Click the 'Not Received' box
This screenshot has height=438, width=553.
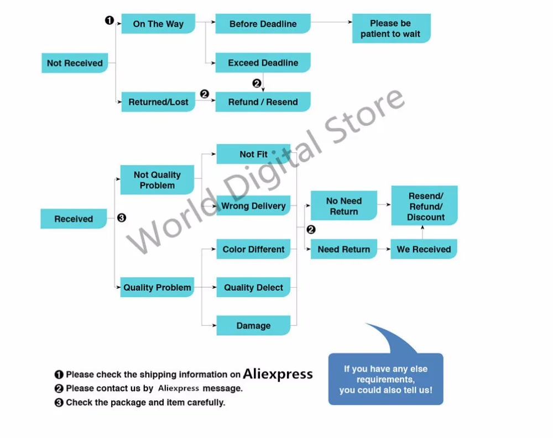coord(75,63)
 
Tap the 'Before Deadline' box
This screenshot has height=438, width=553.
coord(263,24)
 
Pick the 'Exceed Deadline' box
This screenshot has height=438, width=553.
coord(263,63)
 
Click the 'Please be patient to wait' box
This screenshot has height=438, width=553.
coord(391,29)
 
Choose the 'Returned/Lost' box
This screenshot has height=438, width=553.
coord(158,102)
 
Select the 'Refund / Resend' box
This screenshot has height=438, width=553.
coord(263,102)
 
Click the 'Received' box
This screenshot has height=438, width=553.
coord(74,219)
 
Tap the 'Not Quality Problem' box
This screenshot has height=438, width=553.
coord(157,180)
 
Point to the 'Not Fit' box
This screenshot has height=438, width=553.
coord(253,154)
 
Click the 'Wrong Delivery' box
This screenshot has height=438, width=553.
coord(253,206)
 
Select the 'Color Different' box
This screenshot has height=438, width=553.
coord(253,249)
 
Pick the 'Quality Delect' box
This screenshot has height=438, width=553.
coord(253,287)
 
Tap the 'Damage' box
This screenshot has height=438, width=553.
coord(253,325)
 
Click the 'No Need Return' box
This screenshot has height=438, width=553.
coord(343,206)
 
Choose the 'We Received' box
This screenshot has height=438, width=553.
coord(424,249)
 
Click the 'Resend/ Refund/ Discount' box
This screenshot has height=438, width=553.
coord(425,206)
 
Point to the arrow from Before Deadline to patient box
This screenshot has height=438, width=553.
coord(332,22)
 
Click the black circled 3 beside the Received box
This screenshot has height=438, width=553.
coord(122,218)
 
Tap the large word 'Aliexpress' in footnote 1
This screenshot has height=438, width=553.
coord(278,374)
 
